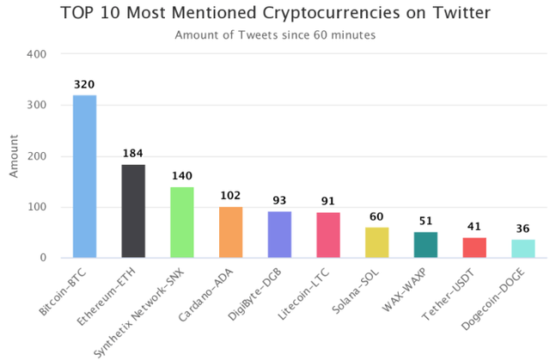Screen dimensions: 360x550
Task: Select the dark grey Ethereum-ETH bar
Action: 133,211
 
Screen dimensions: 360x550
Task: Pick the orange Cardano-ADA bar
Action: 231,232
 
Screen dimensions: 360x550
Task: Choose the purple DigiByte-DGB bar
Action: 279,235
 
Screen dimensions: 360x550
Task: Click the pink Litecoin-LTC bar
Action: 328,235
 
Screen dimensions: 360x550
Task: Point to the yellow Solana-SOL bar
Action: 377,242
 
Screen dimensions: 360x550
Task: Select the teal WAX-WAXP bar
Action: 425,245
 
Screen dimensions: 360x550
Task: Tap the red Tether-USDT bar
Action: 474,247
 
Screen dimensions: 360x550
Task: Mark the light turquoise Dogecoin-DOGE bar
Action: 523,248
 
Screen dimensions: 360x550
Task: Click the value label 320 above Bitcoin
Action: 84,85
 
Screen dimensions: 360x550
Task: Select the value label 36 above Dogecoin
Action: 523,229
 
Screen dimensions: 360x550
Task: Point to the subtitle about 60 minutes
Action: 275,35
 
